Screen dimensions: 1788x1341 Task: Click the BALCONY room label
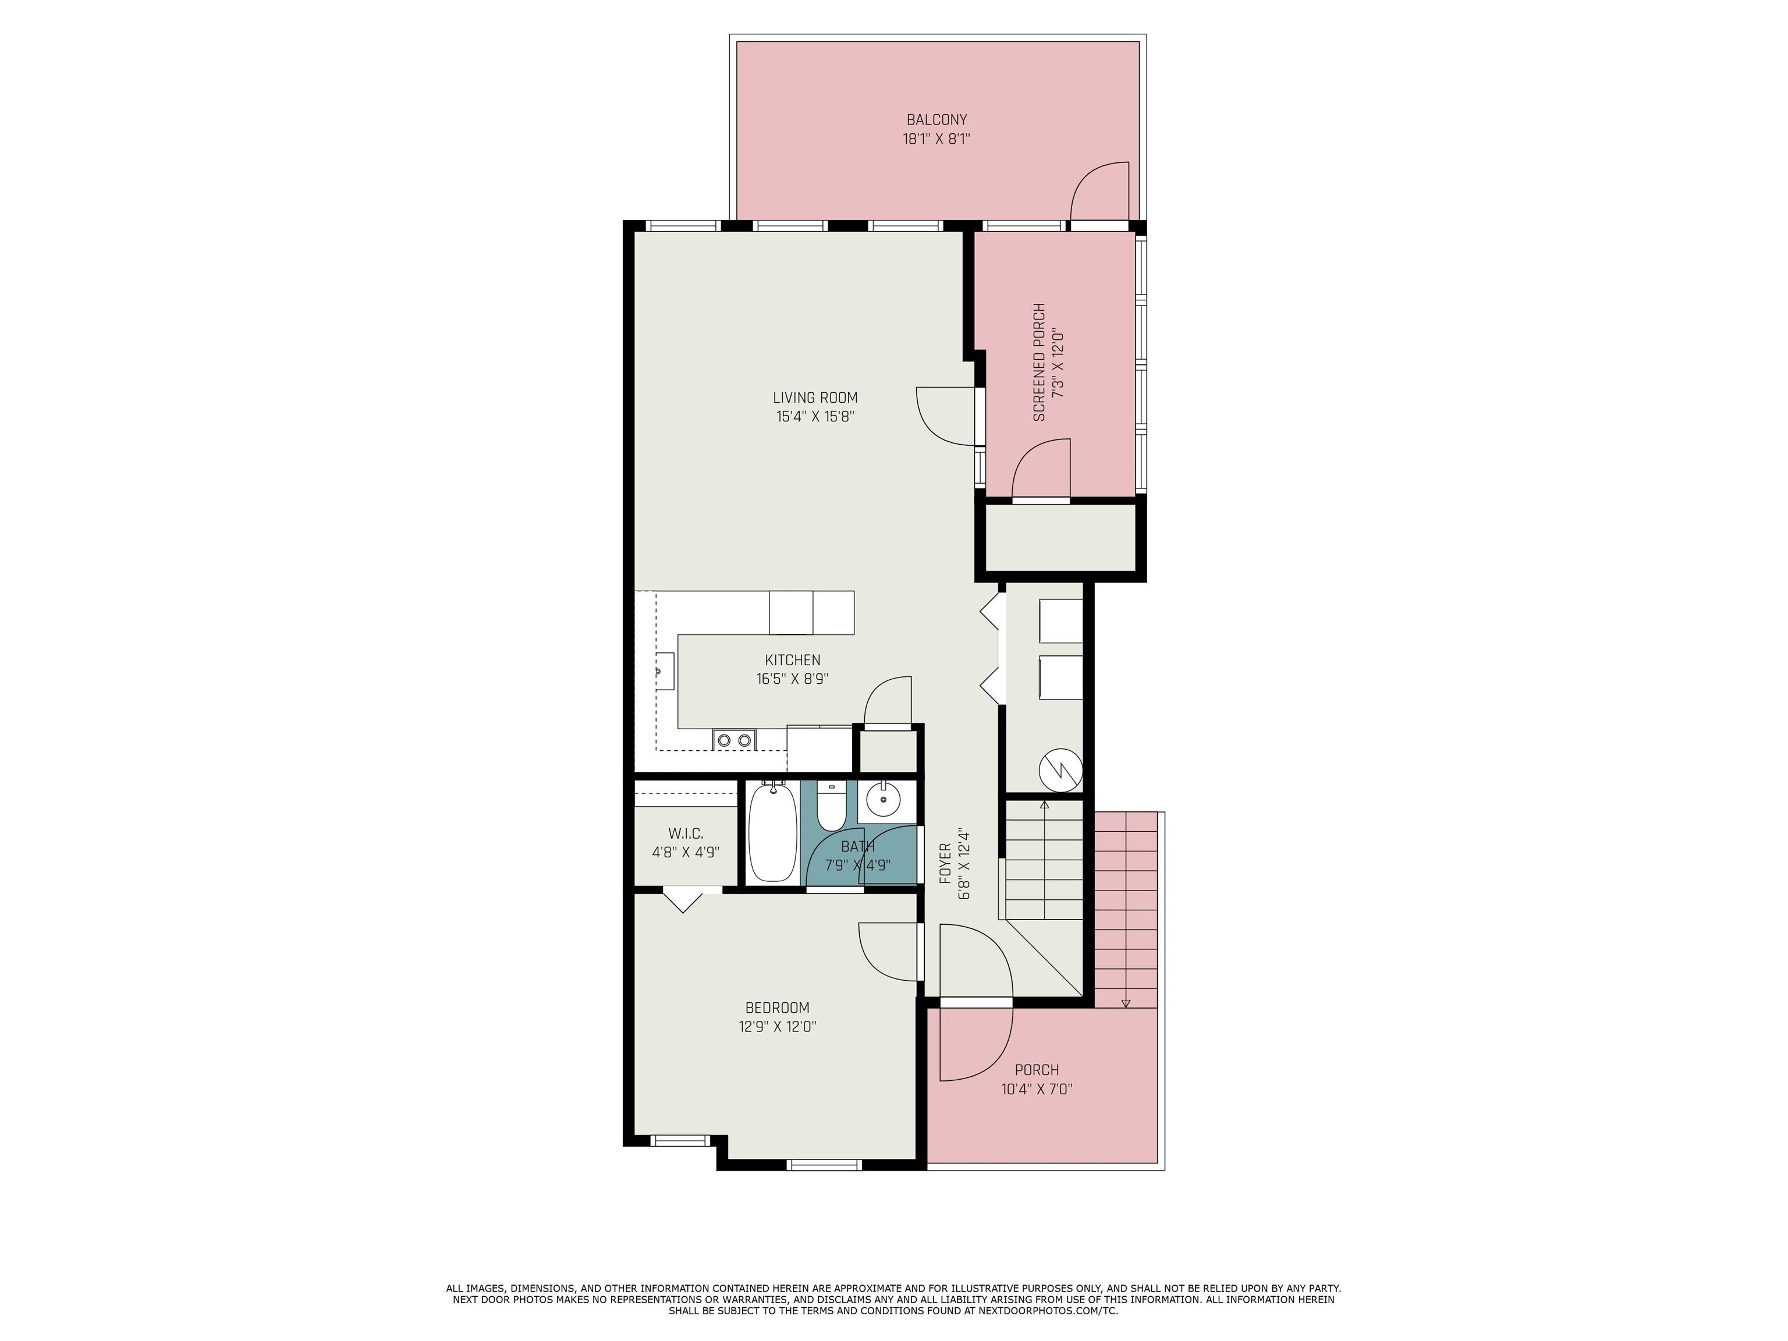pos(937,120)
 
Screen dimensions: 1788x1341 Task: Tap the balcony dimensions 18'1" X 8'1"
pos(937,139)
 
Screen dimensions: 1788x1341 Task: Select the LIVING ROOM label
pos(815,398)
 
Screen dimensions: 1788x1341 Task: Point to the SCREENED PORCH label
pos(1040,362)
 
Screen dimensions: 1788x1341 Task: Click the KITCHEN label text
pos(793,661)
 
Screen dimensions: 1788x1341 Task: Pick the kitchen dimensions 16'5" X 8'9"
pos(793,680)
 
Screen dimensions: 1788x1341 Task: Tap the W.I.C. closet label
pos(686,833)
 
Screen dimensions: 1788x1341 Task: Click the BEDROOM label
pos(777,1008)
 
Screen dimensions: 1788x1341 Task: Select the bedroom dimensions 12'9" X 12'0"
pos(777,1027)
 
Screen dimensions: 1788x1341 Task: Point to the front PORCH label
pos(1037,1070)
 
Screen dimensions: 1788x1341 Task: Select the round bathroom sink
pos(883,801)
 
